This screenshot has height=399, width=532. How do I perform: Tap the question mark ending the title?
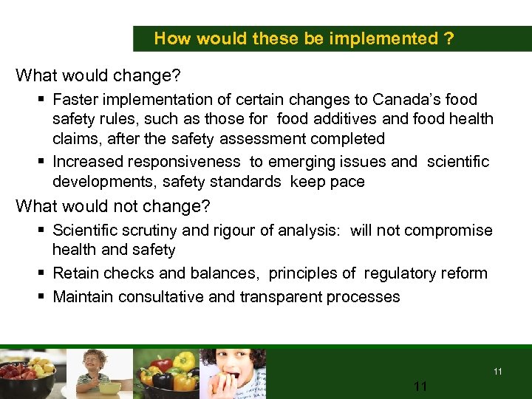coord(449,38)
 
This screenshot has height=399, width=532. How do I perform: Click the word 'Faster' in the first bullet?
coord(78,99)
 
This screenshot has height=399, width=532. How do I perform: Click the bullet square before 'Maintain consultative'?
coord(44,297)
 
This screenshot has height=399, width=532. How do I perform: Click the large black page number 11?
coord(420,386)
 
